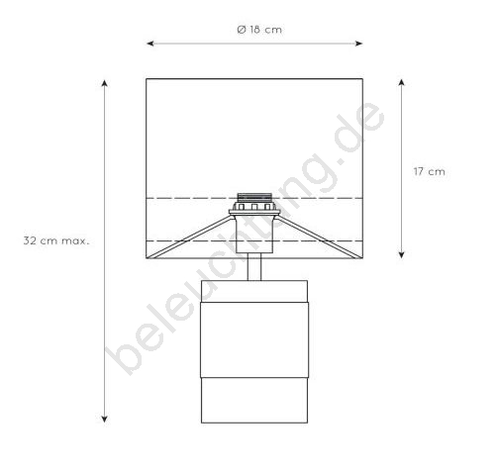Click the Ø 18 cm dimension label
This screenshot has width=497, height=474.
coord(259,30)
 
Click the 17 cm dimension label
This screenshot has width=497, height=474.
coord(429,171)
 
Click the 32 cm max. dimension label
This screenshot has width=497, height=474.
coord(56,240)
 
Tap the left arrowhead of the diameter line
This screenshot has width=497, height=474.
coord(150,44)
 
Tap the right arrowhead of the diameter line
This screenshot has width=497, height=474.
coord(359,44)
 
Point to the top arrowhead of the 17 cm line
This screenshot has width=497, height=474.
coord(401,82)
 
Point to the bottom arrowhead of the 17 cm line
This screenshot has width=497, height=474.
coord(401,254)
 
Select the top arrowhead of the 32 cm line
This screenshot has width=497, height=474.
coord(105,83)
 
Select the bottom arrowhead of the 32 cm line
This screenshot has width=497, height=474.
coord(105,419)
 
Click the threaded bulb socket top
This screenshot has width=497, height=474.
coord(254,197)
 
